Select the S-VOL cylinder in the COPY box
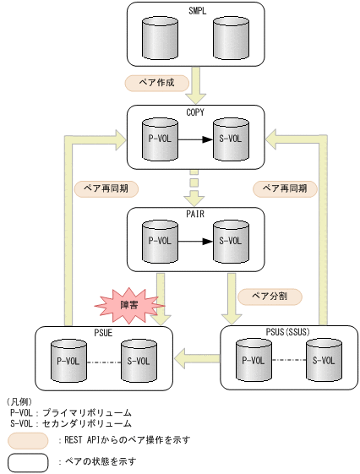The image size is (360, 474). click(x=230, y=138)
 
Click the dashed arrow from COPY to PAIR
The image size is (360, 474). click(x=195, y=187)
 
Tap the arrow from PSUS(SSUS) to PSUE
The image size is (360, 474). click(x=196, y=359)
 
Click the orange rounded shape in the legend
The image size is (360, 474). click(x=27, y=440)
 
